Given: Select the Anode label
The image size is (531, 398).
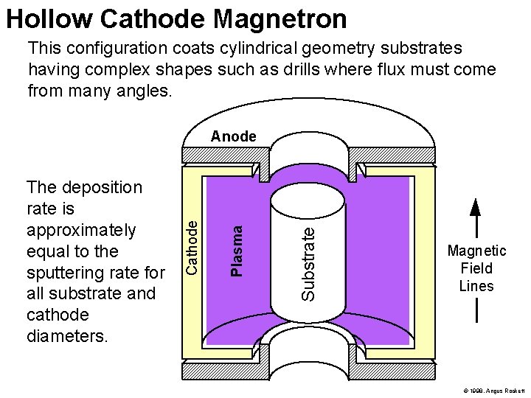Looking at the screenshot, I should click(x=233, y=136).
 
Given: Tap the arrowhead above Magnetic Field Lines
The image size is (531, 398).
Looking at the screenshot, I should click(x=476, y=208).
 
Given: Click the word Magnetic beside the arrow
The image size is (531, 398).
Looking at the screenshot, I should click(x=476, y=251).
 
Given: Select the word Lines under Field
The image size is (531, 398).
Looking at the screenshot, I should click(x=476, y=286).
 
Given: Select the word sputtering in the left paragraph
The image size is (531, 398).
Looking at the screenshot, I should click(x=72, y=273).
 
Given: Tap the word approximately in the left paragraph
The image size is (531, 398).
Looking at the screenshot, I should click(x=81, y=230).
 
